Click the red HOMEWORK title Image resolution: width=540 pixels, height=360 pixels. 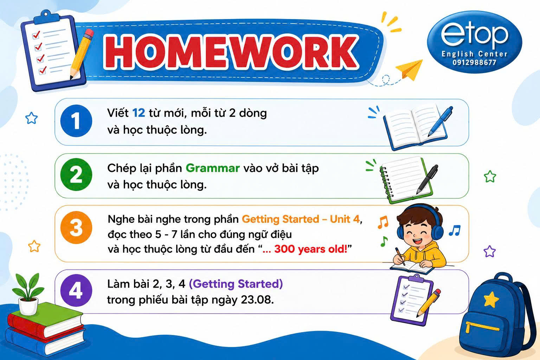coord(231,52)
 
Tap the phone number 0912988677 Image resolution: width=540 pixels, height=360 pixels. coord(474,63)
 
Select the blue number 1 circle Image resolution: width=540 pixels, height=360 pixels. coord(76,121)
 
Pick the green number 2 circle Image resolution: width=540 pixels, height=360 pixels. coord(76,174)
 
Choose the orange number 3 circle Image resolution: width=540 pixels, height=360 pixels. coord(76,227)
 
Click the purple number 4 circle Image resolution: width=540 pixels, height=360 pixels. coord(76,290)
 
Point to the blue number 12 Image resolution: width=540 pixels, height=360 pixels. coord(139,113)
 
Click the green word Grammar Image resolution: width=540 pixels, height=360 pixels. coord(213,168)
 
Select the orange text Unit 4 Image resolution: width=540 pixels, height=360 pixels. coord(345,219)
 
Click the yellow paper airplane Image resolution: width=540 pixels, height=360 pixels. coord(409,70)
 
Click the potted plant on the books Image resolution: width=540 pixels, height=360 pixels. coord(28,294)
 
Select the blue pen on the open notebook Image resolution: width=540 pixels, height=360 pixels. coord(440,121)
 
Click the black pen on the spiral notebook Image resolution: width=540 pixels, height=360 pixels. coord(427,179)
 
